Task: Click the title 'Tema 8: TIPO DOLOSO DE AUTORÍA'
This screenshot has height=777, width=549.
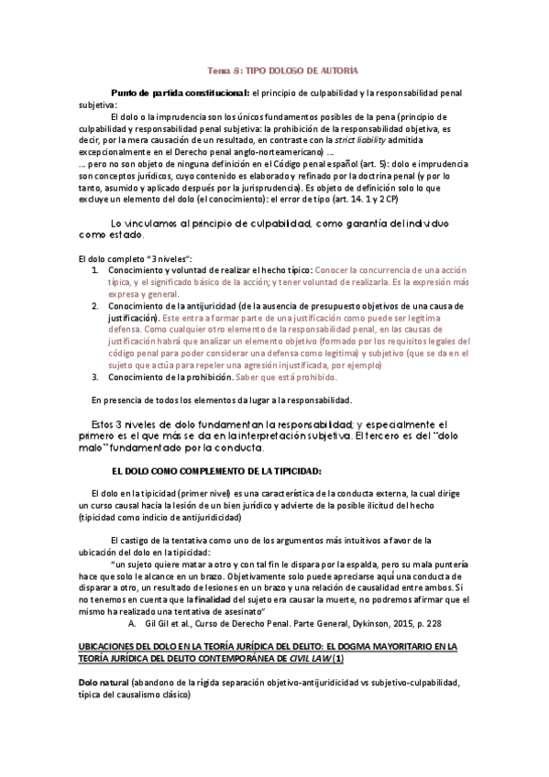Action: click(282, 71)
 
